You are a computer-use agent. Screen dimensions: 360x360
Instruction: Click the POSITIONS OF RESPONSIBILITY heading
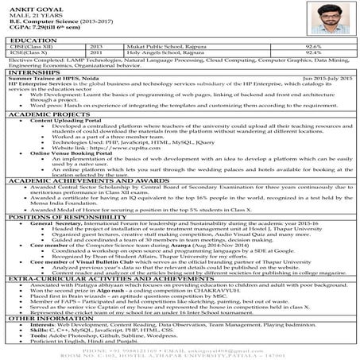63,239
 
